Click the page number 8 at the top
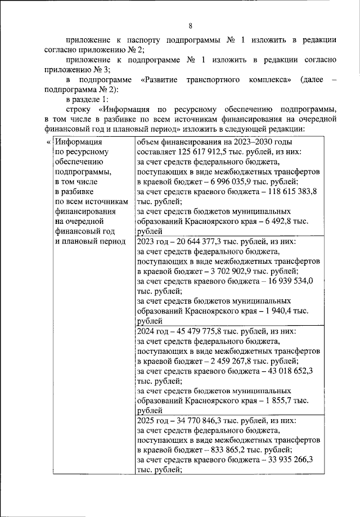click(190, 26)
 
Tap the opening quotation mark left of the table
click(47, 142)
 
